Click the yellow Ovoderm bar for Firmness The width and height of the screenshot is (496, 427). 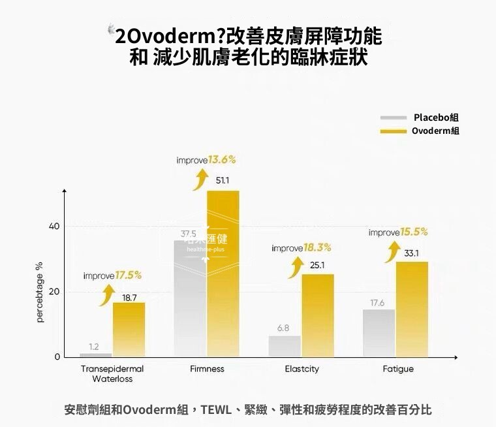pyautogui.click(x=223, y=274)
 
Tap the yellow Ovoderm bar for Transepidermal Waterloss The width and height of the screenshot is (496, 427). pyautogui.click(x=129, y=330)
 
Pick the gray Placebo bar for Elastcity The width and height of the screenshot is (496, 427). pyautogui.click(x=285, y=347)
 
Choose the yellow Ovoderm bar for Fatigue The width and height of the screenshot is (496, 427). pyautogui.click(x=412, y=309)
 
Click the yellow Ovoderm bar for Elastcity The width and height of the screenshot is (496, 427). pyautogui.click(x=318, y=315)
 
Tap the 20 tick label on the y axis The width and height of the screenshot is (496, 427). pyautogui.click(x=54, y=291)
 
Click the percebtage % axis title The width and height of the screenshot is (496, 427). pyautogui.click(x=40, y=292)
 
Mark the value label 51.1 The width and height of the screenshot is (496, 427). pyautogui.click(x=222, y=181)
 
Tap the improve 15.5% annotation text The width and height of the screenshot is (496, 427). pyautogui.click(x=398, y=232)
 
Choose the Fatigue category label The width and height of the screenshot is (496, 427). pyautogui.click(x=398, y=370)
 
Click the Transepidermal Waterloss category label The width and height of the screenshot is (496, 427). pyautogui.click(x=112, y=373)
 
